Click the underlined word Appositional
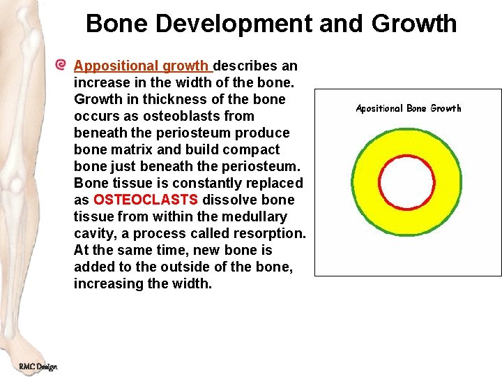[116, 66]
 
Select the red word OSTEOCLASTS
[145, 200]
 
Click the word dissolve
[227, 200]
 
